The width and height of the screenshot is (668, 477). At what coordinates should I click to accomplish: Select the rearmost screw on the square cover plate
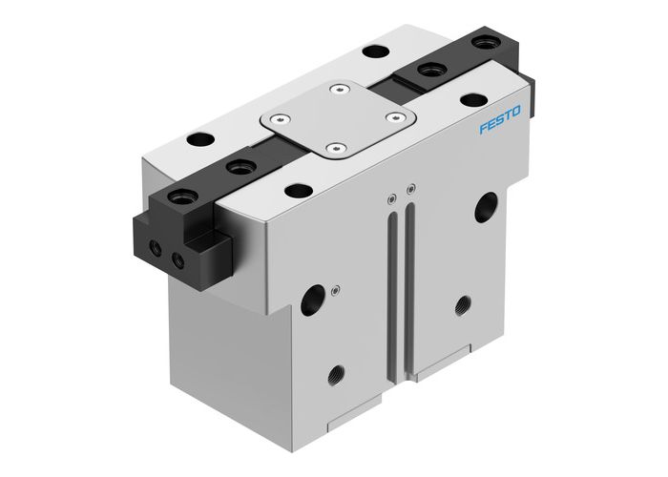(335, 91)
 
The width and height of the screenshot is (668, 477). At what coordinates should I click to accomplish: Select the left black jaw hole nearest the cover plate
(234, 168)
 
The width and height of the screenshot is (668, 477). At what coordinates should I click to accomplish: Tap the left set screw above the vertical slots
(391, 198)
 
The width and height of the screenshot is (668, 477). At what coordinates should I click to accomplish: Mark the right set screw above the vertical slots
(408, 188)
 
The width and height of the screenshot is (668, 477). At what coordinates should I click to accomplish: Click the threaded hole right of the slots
(462, 305)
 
